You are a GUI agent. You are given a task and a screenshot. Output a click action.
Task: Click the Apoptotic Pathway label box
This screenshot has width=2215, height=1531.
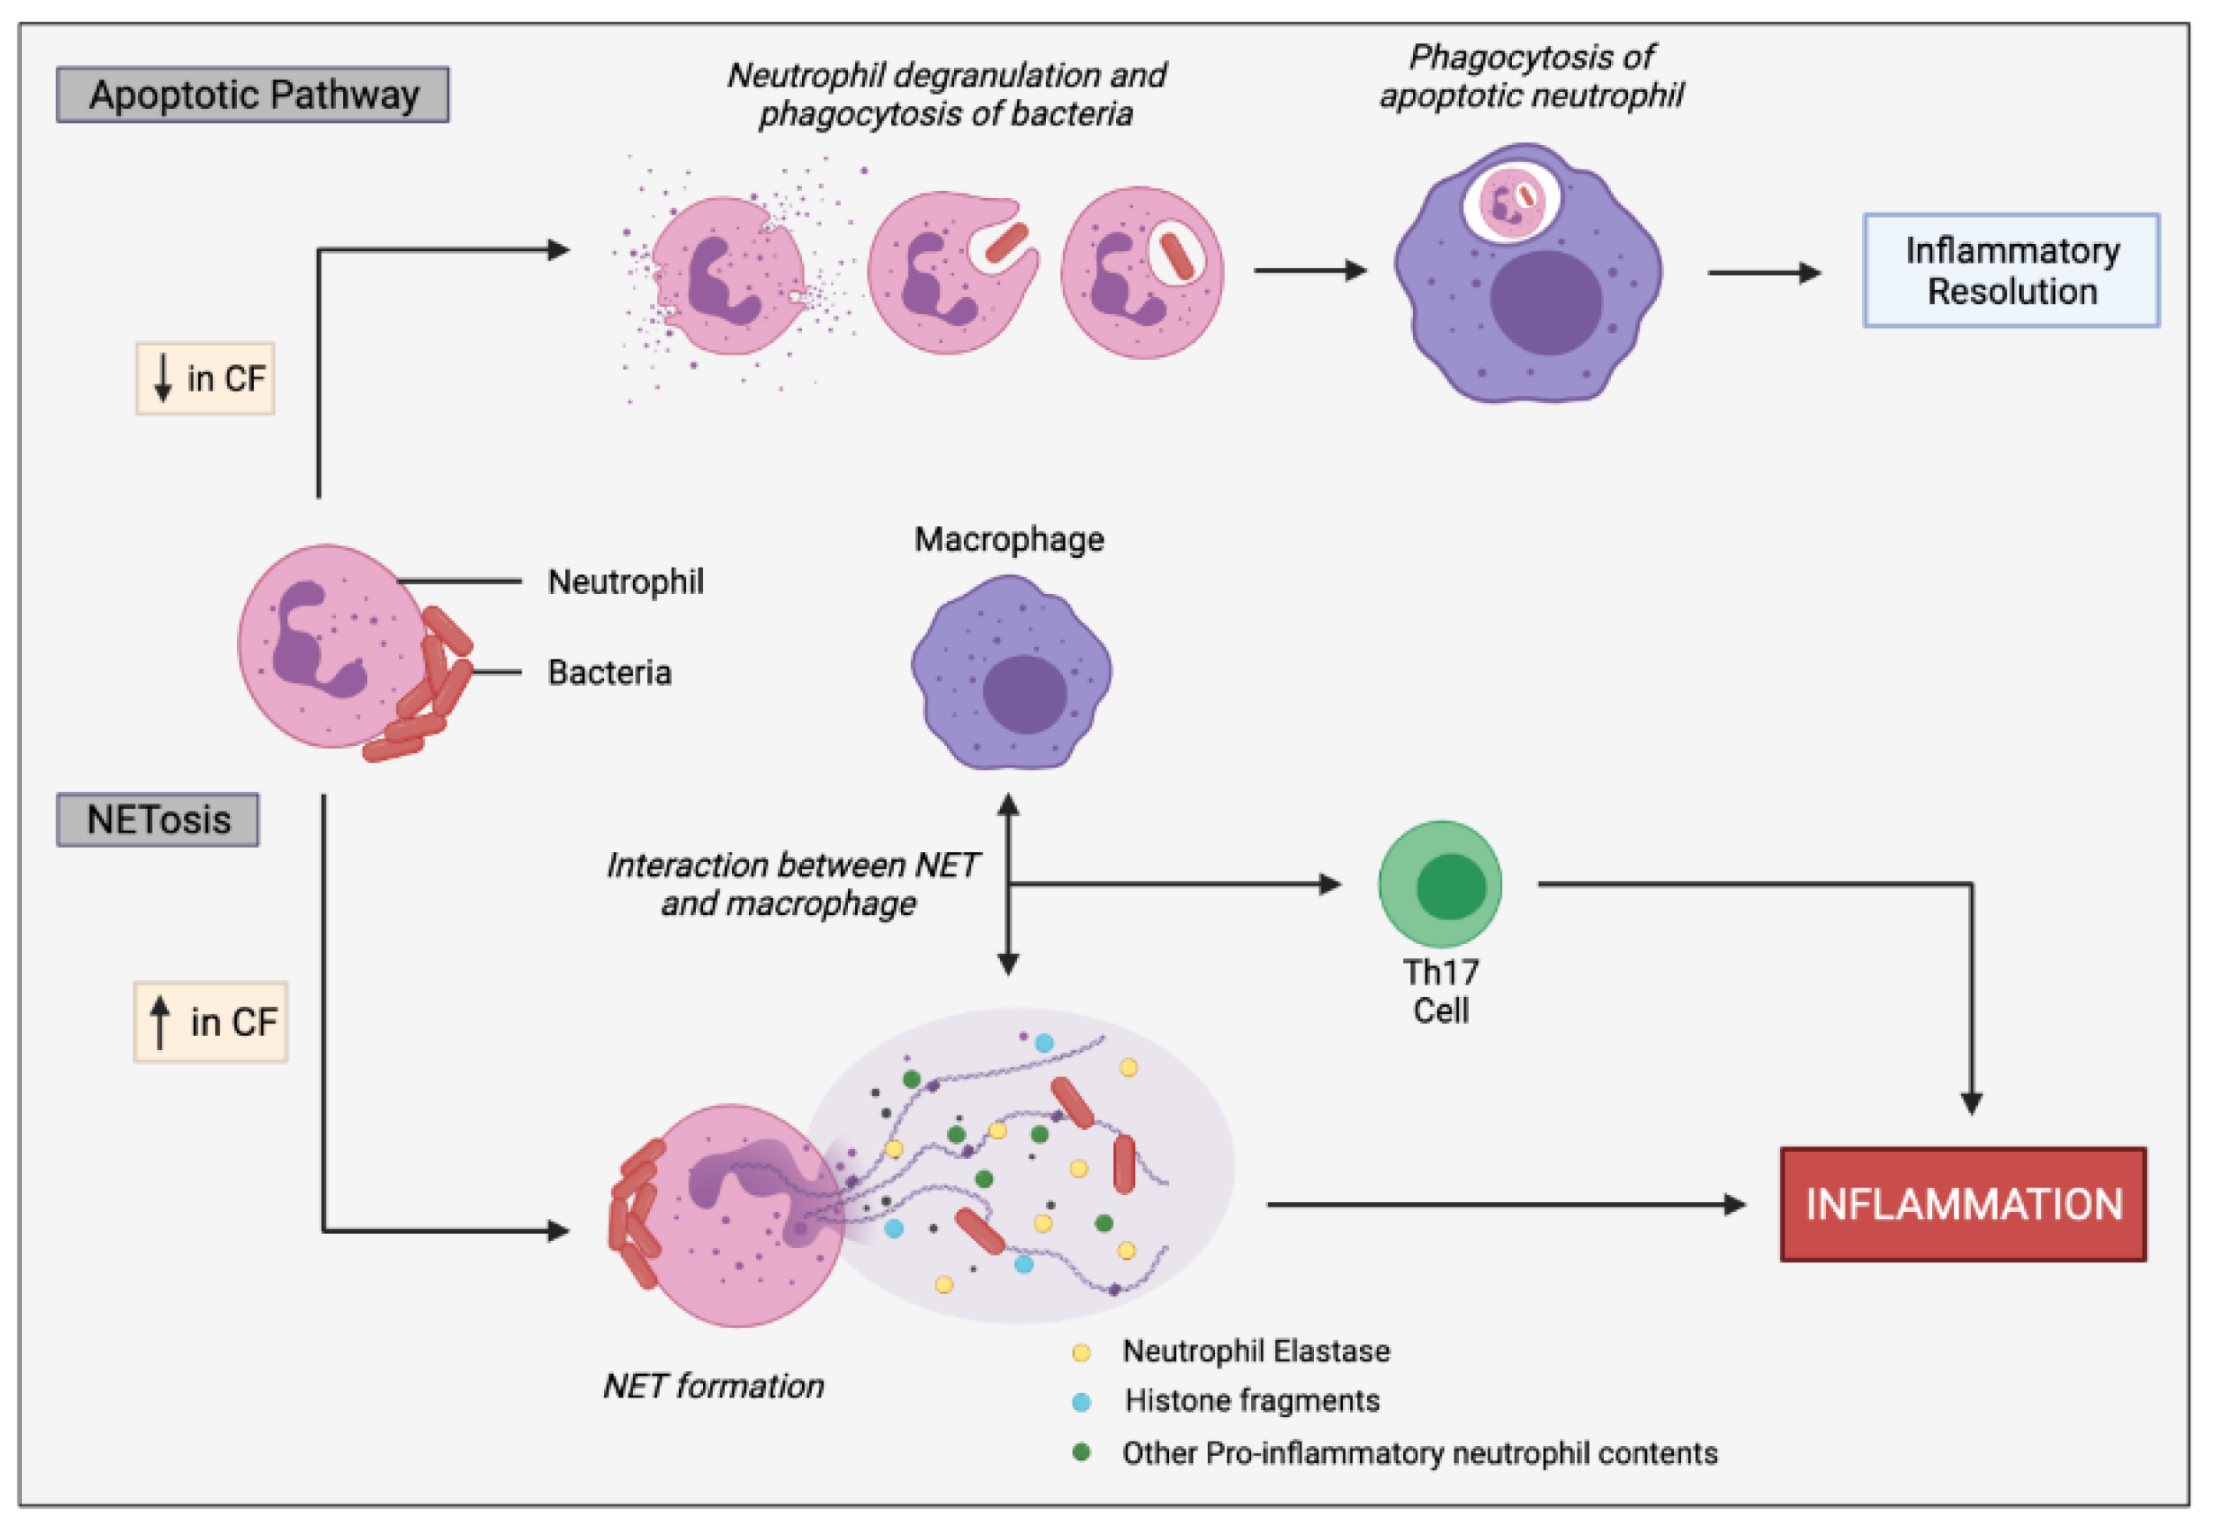pos(252,94)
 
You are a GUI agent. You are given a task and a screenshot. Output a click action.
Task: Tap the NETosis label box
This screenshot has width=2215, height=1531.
pos(157,819)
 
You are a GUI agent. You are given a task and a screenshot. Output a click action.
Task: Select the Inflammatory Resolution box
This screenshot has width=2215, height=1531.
pos(2011,270)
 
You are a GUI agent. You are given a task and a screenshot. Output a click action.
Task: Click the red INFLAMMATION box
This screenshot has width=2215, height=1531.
pos(1963,1204)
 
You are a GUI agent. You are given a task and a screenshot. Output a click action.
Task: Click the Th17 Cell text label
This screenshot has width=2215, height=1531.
pos(1440,991)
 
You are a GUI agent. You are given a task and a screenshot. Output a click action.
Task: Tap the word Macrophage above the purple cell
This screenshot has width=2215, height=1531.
pos(1008,539)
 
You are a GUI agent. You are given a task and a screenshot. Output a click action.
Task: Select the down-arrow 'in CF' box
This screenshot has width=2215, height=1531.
pos(205,378)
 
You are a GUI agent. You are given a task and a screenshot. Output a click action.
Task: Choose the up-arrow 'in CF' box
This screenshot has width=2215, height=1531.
pos(210,1022)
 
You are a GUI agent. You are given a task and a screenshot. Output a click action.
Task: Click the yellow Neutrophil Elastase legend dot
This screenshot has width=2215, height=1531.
pos(1081,1352)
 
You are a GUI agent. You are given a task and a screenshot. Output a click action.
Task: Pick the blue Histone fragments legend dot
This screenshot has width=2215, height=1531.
pos(1081,1403)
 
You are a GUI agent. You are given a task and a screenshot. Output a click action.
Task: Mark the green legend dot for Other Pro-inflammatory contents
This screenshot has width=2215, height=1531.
pos(1081,1452)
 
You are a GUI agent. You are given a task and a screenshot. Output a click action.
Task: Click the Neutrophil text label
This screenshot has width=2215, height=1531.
pos(625,582)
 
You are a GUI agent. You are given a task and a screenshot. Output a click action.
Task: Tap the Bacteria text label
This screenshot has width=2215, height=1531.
pos(609,673)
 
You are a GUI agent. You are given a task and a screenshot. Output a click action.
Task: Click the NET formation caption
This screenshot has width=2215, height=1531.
pos(713,1385)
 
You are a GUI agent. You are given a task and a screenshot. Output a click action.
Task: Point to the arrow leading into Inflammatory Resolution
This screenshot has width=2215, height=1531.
pos(1764,272)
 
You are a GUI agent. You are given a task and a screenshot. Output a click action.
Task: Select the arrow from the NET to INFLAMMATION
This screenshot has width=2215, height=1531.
pos(1506,1204)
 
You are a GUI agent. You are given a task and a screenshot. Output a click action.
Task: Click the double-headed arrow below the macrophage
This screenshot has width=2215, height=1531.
pos(1007,883)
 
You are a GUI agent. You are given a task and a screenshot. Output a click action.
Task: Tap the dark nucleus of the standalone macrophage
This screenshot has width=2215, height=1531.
pos(1025,695)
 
